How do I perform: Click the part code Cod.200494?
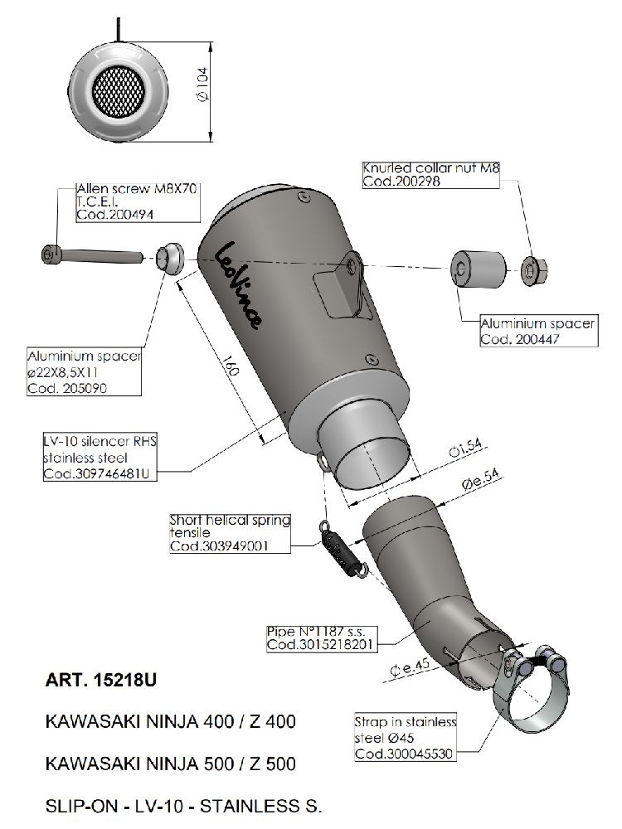click(x=115, y=215)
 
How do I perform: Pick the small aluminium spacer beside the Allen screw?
click(x=169, y=258)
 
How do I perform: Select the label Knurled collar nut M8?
click(x=431, y=168)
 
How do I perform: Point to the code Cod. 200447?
click(x=519, y=339)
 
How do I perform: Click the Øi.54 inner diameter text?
click(x=466, y=448)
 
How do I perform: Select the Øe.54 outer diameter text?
click(x=481, y=481)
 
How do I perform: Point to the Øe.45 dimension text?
click(x=410, y=668)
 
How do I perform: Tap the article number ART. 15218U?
click(x=101, y=680)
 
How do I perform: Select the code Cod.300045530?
click(x=404, y=754)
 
